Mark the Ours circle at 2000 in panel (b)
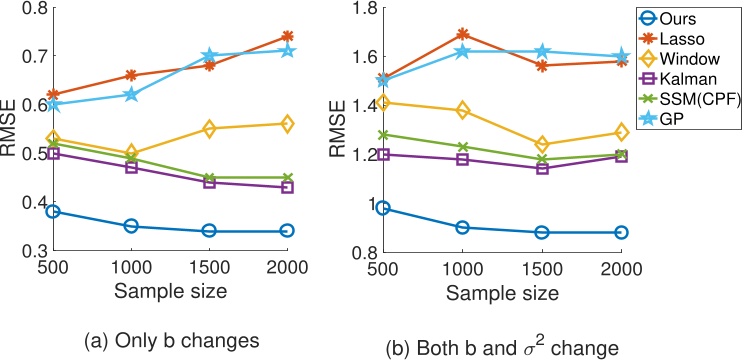621,232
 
